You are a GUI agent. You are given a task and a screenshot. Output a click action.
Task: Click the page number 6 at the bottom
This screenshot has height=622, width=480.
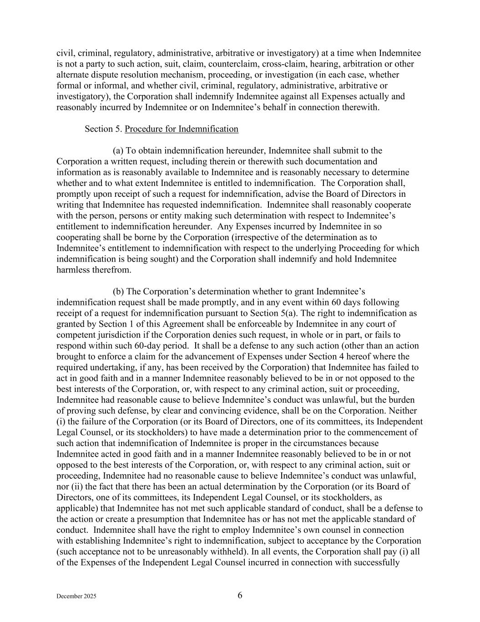pyautogui.click(x=240, y=595)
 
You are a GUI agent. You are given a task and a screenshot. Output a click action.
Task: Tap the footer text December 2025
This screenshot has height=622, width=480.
pyautogui.click(x=76, y=596)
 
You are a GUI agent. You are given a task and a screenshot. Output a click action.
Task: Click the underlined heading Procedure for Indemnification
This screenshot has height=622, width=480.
pyautogui.click(x=182, y=129)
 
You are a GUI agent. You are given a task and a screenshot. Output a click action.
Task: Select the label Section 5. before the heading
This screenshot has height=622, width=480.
pyautogui.click(x=103, y=129)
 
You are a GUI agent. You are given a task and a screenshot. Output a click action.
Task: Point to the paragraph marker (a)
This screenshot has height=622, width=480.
pyautogui.click(x=118, y=151)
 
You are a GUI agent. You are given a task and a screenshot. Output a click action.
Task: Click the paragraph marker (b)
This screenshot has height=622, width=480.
pyautogui.click(x=118, y=292)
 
